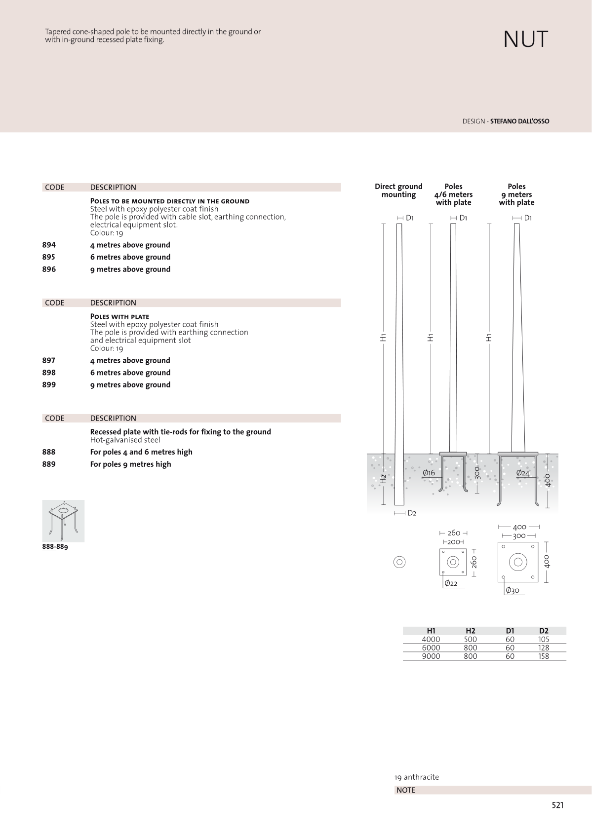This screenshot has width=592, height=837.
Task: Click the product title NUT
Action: [525, 39]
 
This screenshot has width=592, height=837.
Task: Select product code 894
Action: [49, 245]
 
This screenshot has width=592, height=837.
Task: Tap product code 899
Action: [49, 385]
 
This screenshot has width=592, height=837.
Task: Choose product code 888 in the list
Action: [49, 452]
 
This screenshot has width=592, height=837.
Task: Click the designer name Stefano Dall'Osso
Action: [519, 121]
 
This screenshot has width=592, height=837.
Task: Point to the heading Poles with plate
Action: [119, 317]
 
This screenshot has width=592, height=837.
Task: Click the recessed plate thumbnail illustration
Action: [63, 521]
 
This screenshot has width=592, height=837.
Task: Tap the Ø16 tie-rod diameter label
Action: [429, 473]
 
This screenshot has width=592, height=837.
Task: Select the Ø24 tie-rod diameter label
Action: [522, 473]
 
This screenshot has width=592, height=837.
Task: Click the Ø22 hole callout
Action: [451, 583]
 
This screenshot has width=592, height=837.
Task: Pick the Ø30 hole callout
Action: [513, 591]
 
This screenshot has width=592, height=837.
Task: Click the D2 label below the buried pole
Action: [412, 513]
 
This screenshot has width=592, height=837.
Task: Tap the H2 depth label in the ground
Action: [383, 479]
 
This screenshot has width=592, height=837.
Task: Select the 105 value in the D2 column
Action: [544, 640]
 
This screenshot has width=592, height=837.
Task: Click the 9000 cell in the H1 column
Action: [431, 656]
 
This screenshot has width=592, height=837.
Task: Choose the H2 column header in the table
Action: [471, 631]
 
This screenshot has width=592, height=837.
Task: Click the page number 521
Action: [557, 805]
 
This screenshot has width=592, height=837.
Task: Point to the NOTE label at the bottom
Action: [406, 790]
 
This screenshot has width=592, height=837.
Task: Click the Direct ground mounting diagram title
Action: [398, 190]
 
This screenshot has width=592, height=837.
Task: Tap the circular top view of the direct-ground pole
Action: [399, 562]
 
